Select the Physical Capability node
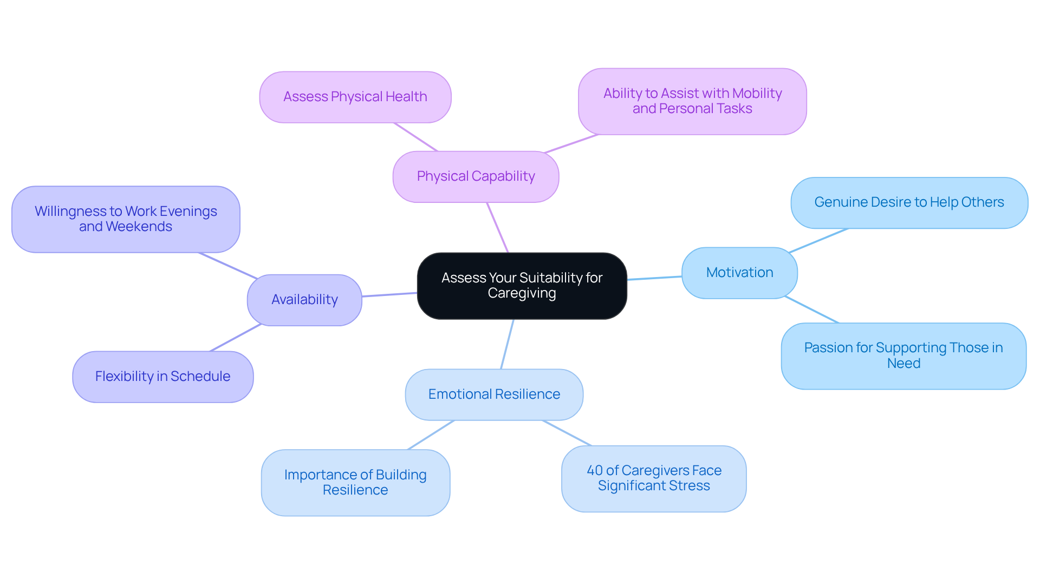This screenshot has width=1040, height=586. point(476,176)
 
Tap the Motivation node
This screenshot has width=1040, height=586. point(739,273)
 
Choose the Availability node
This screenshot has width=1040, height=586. point(304,300)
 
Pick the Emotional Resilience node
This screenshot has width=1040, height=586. point(494,394)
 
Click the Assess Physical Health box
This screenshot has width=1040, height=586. point(355,97)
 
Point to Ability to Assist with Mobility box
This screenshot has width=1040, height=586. point(692,101)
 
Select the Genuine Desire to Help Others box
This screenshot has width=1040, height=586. point(909,202)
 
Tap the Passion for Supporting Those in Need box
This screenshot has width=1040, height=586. point(903,355)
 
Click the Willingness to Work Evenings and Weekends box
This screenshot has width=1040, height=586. point(126,219)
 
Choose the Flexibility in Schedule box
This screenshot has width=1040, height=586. point(162,377)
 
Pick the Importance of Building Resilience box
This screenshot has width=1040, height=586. point(355,482)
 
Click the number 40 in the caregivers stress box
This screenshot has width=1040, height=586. point(594,471)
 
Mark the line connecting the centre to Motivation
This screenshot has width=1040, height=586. point(654,278)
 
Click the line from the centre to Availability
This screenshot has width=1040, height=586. point(389,294)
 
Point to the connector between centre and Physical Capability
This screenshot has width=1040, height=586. point(497,227)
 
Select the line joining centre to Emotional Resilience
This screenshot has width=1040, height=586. point(507,344)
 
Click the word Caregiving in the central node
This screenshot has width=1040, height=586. point(522,293)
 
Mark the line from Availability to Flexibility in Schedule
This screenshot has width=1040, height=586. point(236,338)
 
